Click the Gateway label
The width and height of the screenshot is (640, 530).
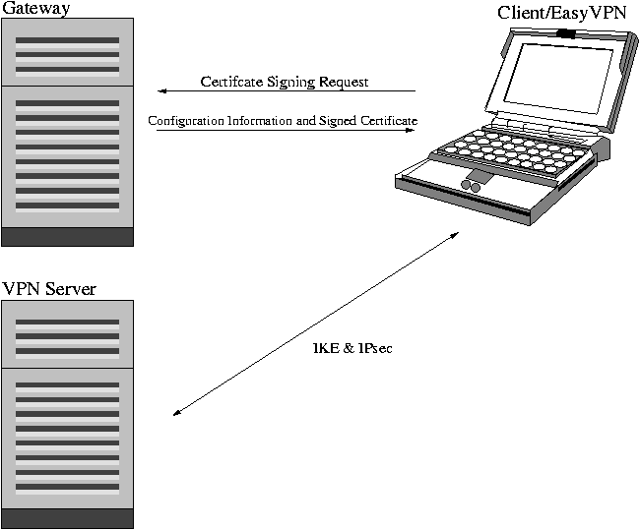tap(35, 9)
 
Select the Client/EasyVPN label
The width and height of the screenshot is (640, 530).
tap(561, 12)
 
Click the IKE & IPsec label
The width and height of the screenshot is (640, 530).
tap(352, 348)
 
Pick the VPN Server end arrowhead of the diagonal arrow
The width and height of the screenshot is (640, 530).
tap(176, 413)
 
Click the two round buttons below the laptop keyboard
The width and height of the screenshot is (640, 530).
tap(472, 183)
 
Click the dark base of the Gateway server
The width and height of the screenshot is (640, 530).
tap(67, 236)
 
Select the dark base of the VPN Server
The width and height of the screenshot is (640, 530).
tap(67, 518)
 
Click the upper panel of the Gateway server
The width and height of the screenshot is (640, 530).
tap(67, 55)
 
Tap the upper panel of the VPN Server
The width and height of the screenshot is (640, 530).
tap(67, 334)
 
